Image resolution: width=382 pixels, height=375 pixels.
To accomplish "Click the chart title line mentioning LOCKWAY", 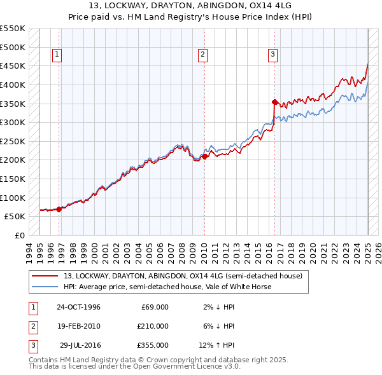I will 191,6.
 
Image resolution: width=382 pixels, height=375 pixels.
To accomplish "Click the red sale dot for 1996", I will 59,208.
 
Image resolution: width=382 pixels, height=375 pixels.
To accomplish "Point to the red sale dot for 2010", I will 204,156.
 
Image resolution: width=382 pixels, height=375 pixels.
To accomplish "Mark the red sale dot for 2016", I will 274,102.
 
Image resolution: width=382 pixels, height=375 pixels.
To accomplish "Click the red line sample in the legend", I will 45,276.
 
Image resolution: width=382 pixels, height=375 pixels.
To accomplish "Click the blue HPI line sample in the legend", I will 45,287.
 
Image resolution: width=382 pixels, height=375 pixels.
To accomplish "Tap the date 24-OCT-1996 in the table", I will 78,307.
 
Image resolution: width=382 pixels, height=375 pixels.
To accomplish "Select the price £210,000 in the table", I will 153,326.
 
